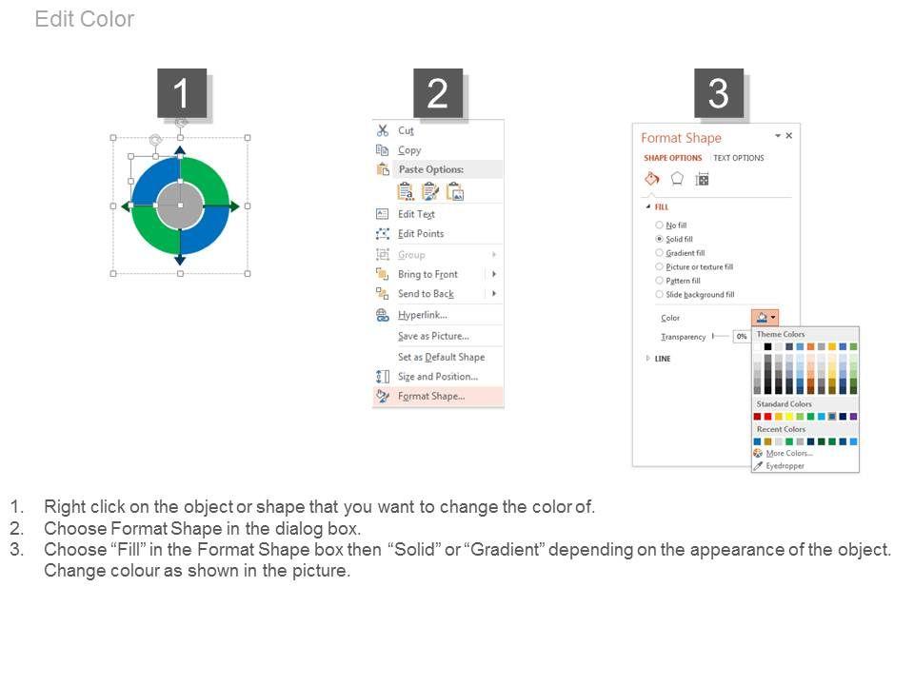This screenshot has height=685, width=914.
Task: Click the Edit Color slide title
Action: (x=85, y=19)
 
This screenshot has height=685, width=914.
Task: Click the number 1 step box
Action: (x=182, y=92)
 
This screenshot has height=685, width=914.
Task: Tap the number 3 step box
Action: (x=718, y=92)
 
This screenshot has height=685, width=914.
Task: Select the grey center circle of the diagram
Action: (x=180, y=205)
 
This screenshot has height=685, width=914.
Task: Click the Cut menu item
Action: (x=406, y=130)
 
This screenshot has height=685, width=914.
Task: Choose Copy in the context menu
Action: (x=409, y=150)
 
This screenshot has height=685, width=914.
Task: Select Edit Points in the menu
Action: (x=421, y=234)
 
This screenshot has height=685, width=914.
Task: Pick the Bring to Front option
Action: (x=427, y=274)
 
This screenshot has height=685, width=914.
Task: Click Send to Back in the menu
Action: (x=426, y=294)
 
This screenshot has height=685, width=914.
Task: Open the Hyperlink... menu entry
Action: (x=423, y=315)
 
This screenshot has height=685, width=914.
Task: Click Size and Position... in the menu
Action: (x=438, y=377)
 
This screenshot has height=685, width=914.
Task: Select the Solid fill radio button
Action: (x=659, y=239)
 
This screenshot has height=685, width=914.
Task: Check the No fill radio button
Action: (x=659, y=225)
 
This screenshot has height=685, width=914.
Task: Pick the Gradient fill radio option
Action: (x=659, y=253)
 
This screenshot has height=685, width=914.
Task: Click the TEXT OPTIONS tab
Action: (x=739, y=158)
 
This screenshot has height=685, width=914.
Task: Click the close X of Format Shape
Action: (x=788, y=136)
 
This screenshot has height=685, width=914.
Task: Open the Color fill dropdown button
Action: (x=765, y=318)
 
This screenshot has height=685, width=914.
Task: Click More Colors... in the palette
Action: (x=789, y=453)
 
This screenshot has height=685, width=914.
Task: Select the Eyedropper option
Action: (x=785, y=466)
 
